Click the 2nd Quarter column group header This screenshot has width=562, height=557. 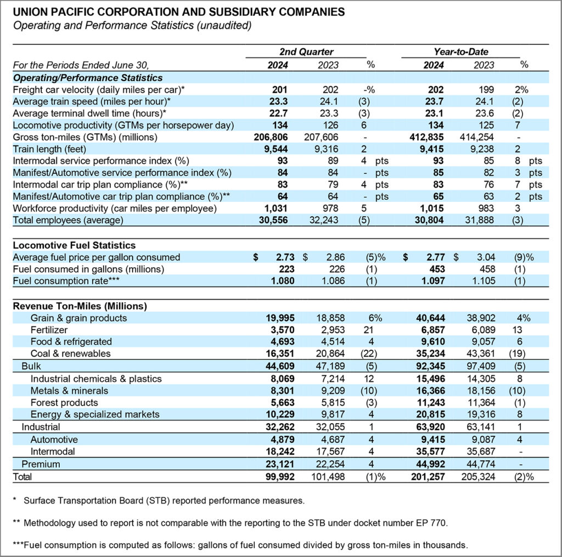coord(306,52)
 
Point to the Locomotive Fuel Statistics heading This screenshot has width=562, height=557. coord(74,245)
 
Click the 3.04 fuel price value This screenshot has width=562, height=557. coord(482,257)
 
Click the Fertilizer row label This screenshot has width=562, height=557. coord(49,330)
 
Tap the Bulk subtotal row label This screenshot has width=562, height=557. coord(31,366)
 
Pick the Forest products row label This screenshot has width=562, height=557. coord(64,403)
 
